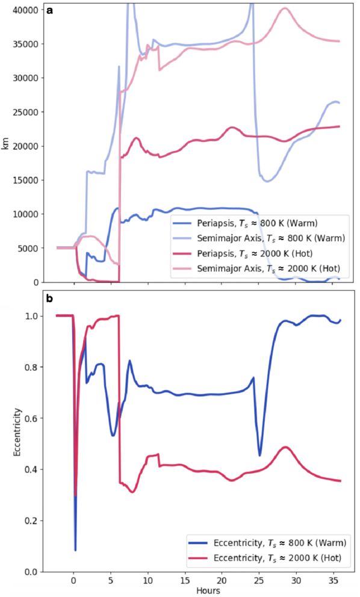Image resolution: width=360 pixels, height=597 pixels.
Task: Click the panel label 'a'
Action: point(49,11)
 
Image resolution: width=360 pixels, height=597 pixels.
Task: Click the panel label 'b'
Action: point(49,299)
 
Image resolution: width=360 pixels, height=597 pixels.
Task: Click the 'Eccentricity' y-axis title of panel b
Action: point(17,432)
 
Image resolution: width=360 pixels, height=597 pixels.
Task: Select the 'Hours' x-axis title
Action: point(208,591)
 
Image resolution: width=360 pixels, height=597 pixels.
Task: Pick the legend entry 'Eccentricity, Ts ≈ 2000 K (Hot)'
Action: point(264,558)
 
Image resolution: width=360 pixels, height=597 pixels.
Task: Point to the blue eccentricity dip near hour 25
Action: point(260,455)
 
